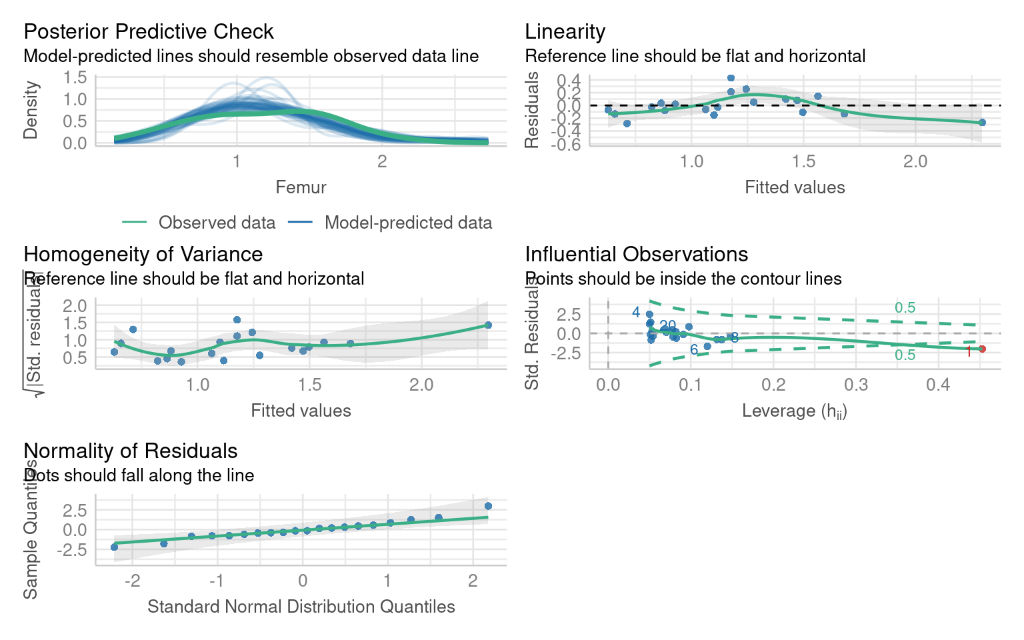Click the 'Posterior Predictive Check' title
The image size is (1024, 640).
point(149,31)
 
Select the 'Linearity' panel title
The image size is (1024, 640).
point(565,31)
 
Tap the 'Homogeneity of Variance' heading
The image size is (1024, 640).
point(143,254)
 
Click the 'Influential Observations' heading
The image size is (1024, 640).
point(636,254)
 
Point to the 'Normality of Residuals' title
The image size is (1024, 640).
point(130,451)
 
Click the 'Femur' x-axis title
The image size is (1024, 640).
point(301,187)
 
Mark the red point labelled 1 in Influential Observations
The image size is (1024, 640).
point(982,349)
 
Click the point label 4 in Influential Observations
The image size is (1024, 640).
point(636,312)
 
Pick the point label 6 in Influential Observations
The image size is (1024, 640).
point(694,350)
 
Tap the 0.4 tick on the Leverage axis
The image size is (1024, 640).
point(938,385)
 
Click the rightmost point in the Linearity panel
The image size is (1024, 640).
point(982,122)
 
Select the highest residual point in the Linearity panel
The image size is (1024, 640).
point(731,78)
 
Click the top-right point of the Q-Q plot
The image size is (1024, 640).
point(488,506)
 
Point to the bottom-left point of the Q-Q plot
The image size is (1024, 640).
point(114,547)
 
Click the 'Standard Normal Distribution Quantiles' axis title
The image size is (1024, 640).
point(301,607)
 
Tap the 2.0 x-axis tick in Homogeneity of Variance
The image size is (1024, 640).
point(421,385)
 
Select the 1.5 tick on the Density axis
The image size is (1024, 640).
point(75,77)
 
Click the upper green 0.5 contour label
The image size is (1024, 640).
point(905,307)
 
